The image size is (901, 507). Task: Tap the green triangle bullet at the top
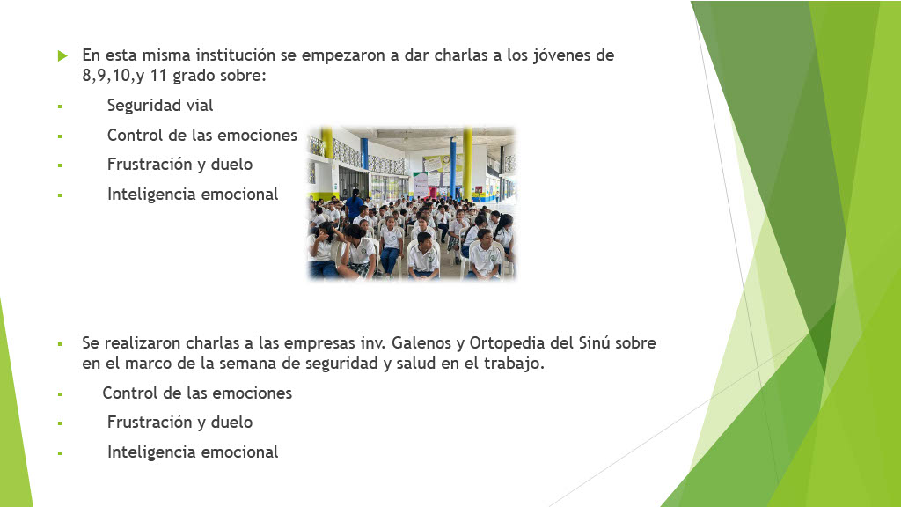(62, 55)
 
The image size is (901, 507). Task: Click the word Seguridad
(136, 107)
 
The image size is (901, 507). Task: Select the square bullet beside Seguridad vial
(60, 107)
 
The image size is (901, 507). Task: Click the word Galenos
(421, 343)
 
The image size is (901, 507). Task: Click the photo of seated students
(412, 203)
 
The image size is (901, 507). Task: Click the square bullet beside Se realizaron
(60, 344)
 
